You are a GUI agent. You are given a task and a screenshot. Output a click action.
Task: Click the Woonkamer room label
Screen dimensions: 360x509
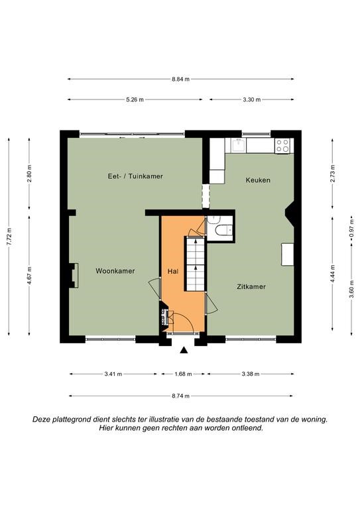(115, 270)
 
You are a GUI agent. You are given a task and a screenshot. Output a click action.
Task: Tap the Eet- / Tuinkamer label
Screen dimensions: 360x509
(135, 176)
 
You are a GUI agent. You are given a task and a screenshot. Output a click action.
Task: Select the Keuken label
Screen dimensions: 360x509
(258, 180)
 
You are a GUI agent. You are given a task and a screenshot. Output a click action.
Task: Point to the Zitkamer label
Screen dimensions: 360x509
(251, 286)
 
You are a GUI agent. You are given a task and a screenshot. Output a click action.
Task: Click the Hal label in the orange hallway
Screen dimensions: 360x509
(173, 271)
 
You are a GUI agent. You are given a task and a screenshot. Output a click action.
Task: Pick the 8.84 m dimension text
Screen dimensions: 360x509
(181, 79)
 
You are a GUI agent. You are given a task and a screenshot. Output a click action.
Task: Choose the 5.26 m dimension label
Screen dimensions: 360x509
(135, 99)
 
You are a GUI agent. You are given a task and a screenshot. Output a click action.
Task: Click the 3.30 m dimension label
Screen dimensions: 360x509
(251, 99)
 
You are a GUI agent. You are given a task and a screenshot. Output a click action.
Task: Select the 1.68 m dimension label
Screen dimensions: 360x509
(183, 374)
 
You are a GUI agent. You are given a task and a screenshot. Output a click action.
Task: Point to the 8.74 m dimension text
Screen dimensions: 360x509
(181, 396)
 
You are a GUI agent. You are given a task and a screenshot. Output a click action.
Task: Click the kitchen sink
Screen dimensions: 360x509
(239, 145)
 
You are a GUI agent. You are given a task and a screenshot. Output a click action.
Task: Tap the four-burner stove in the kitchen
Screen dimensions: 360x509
(282, 146)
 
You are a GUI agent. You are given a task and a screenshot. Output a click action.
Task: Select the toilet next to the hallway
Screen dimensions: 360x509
(225, 230)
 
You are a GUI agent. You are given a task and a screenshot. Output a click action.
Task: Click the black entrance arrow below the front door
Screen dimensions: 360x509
(184, 350)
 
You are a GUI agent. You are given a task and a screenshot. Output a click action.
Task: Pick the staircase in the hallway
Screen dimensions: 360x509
(195, 264)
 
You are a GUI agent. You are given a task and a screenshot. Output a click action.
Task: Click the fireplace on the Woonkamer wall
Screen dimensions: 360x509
(74, 275)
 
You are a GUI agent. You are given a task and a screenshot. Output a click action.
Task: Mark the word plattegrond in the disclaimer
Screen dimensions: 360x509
(72, 420)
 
